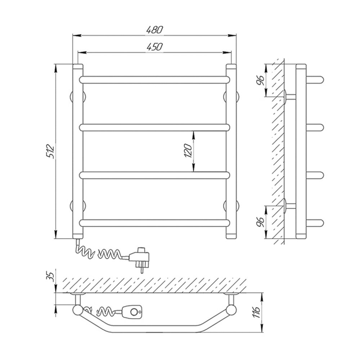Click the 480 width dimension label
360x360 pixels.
point(155,30)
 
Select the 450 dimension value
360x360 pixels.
point(154,47)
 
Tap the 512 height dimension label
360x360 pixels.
point(50,151)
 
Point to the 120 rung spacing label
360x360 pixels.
point(188,150)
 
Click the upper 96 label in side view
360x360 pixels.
point(261,80)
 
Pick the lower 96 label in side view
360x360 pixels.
point(261,221)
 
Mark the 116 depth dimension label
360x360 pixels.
point(256,312)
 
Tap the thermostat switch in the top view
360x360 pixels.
point(132,312)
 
